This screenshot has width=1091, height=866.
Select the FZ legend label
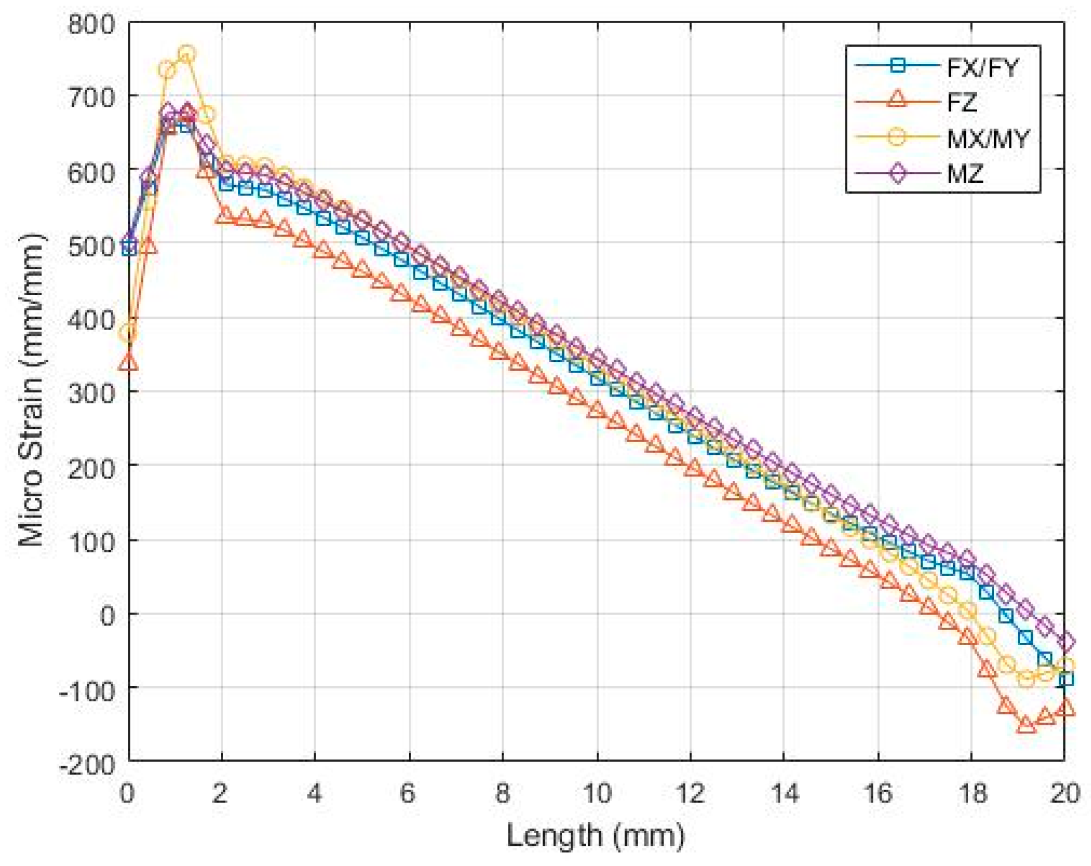click(962, 103)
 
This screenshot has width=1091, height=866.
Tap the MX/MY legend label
click(988, 138)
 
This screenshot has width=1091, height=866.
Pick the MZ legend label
click(965, 173)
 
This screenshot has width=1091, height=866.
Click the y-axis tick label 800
click(91, 25)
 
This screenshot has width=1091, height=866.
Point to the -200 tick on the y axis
click(88, 765)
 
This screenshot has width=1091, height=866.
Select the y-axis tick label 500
click(91, 246)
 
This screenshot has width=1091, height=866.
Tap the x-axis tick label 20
click(1064, 794)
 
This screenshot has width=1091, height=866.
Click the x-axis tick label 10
click(597, 794)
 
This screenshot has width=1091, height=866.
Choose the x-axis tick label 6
click(408, 794)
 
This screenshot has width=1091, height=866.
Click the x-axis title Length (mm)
click(596, 835)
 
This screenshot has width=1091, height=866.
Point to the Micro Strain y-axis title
click(32, 389)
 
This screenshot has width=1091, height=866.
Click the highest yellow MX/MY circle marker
click(186, 54)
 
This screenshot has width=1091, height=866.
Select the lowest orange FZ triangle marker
click(1026, 725)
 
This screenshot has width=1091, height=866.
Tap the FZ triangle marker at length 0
click(129, 363)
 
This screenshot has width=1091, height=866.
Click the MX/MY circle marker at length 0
click(128, 333)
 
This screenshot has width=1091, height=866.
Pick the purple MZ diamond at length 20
click(1065, 641)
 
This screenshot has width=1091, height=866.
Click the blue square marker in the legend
click(897, 65)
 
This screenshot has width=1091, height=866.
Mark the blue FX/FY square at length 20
click(1066, 679)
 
